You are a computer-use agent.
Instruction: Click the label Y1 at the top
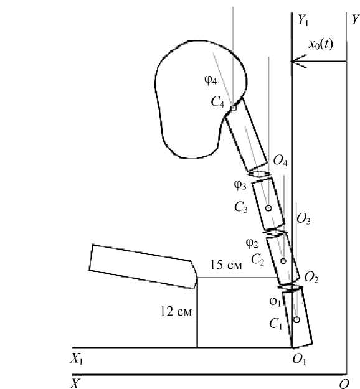pyautogui.click(x=303, y=20)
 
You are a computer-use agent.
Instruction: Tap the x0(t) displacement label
pyautogui.click(x=321, y=44)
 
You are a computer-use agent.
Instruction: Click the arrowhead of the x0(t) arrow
pyautogui.click(x=293, y=61)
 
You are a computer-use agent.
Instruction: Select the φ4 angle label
pyautogui.click(x=211, y=80)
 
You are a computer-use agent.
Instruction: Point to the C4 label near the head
pyautogui.click(x=218, y=102)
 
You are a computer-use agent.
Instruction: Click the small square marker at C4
pyautogui.click(x=233, y=108)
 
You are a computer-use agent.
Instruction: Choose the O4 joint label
pyautogui.click(x=280, y=161)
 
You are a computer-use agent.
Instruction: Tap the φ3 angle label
pyautogui.click(x=240, y=185)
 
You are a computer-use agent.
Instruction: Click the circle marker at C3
pyautogui.click(x=268, y=208)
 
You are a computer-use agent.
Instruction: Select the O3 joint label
pyautogui.click(x=303, y=219)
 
